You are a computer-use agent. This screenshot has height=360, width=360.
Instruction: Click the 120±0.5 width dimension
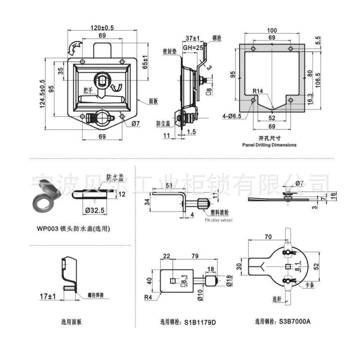[x=102, y=27]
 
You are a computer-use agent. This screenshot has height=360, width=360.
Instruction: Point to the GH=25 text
[x=192, y=47]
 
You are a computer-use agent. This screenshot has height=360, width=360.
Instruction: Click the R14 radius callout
[x=257, y=91]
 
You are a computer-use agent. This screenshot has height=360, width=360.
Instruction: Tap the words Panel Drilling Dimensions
[x=269, y=145]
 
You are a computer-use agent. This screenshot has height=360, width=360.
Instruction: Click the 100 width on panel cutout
[x=272, y=30]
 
